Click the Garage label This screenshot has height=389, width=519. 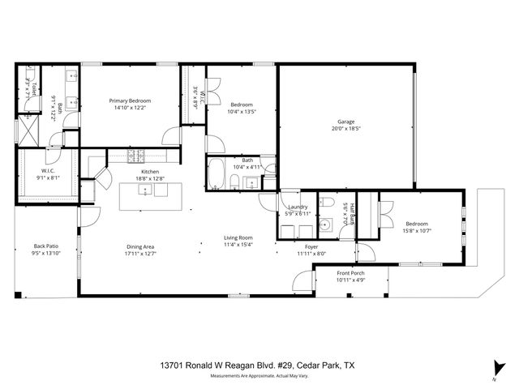pos(345,122)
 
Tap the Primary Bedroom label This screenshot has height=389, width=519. pos(131,100)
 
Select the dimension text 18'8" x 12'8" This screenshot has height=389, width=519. pos(150,179)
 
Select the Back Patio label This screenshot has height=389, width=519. pos(46,246)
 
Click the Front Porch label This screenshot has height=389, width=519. pos(350,273)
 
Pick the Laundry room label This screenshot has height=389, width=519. pos(298,207)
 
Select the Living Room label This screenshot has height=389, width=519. pos(239,237)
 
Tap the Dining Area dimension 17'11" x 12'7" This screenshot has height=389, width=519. pos(140,254)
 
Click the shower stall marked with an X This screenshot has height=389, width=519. pos(29,128)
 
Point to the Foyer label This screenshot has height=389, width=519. pos(311,246)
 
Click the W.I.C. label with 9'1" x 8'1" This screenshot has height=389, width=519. pos(47,171)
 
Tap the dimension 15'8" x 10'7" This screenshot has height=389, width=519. pos(417,231)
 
